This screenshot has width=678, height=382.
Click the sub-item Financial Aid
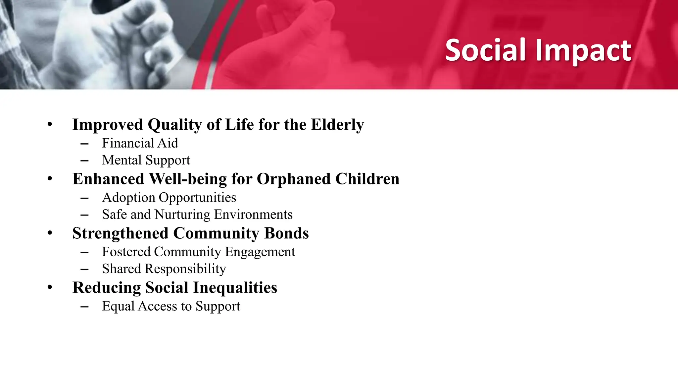click(140, 143)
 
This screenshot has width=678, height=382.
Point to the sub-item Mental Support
click(146, 160)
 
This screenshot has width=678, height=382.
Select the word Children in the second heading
click(367, 179)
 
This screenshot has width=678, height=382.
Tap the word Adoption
click(128, 198)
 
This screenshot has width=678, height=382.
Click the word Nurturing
click(182, 215)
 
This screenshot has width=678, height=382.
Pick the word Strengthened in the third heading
click(120, 233)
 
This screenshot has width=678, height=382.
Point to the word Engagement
click(260, 252)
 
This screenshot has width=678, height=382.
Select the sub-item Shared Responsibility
click(164, 269)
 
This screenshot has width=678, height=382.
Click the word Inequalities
click(235, 288)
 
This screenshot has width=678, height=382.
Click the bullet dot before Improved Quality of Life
click(50, 125)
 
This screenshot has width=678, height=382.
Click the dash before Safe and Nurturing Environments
click(84, 215)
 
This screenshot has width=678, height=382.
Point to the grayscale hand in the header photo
click(109, 40)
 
